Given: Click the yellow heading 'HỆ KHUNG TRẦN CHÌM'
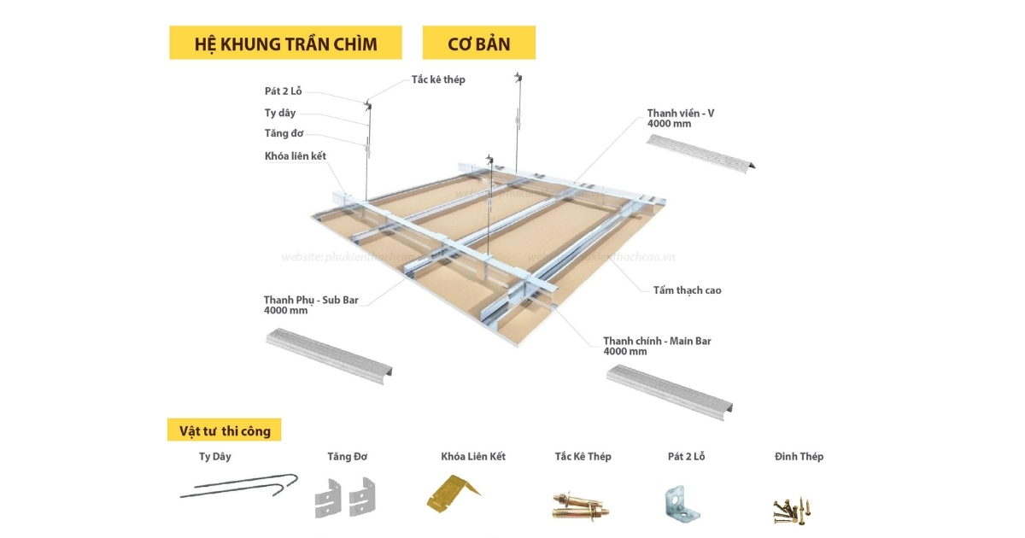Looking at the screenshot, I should pos(285,44).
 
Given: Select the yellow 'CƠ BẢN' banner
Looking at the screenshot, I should pos(478,44).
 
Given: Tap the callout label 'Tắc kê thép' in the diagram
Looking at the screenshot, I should pos(438,79).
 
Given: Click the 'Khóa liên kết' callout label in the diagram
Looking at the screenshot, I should pos(296,155).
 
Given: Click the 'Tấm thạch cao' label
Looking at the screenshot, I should pos(688,290).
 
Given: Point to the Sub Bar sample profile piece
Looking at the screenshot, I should pos(330,354).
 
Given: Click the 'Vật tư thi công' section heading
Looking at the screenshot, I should pos(225,430).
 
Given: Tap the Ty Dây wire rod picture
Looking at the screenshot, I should pos(239,488).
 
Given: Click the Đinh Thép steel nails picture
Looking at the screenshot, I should pos(792,508).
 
